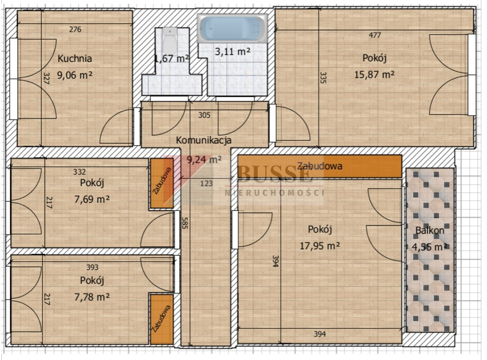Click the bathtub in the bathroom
[232, 29]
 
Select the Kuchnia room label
[75, 58]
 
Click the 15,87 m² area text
[374, 74]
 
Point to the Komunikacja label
[204, 140]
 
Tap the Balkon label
[430, 231]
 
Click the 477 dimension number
[375, 35]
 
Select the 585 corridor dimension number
[184, 223]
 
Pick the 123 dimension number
[206, 183]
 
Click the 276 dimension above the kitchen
[75, 29]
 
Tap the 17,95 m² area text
[319, 246]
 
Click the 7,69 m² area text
[92, 199]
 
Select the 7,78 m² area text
[92, 297]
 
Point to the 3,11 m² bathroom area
[233, 51]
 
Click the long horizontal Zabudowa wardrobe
[319, 166]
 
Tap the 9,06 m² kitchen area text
[75, 75]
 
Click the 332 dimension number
[80, 172]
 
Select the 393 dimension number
[92, 267]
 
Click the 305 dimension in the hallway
[204, 115]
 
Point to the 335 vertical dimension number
[323, 78]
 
